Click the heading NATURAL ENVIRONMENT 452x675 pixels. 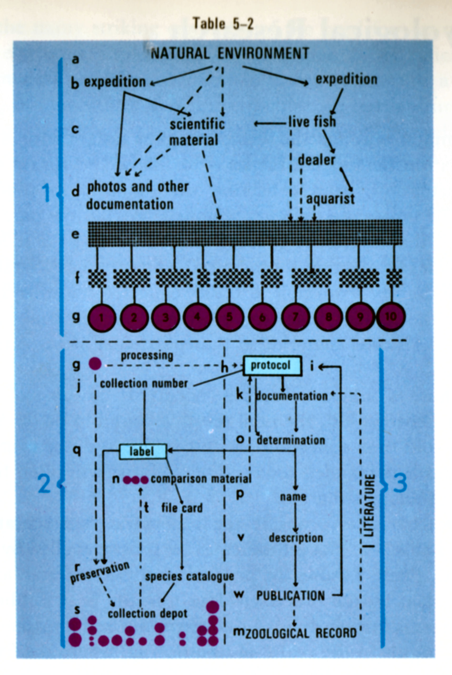(230, 53)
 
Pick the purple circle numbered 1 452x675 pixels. (101, 318)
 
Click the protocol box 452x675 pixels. (272, 365)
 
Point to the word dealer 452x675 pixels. (316, 160)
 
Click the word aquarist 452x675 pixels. (330, 199)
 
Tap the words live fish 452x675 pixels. (312, 121)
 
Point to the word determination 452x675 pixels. (291, 440)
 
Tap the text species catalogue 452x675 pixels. (189, 576)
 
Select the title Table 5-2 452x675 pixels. (223, 23)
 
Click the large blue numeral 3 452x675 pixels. (400, 483)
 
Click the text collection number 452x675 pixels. (144, 384)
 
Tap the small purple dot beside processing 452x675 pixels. (95, 364)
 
